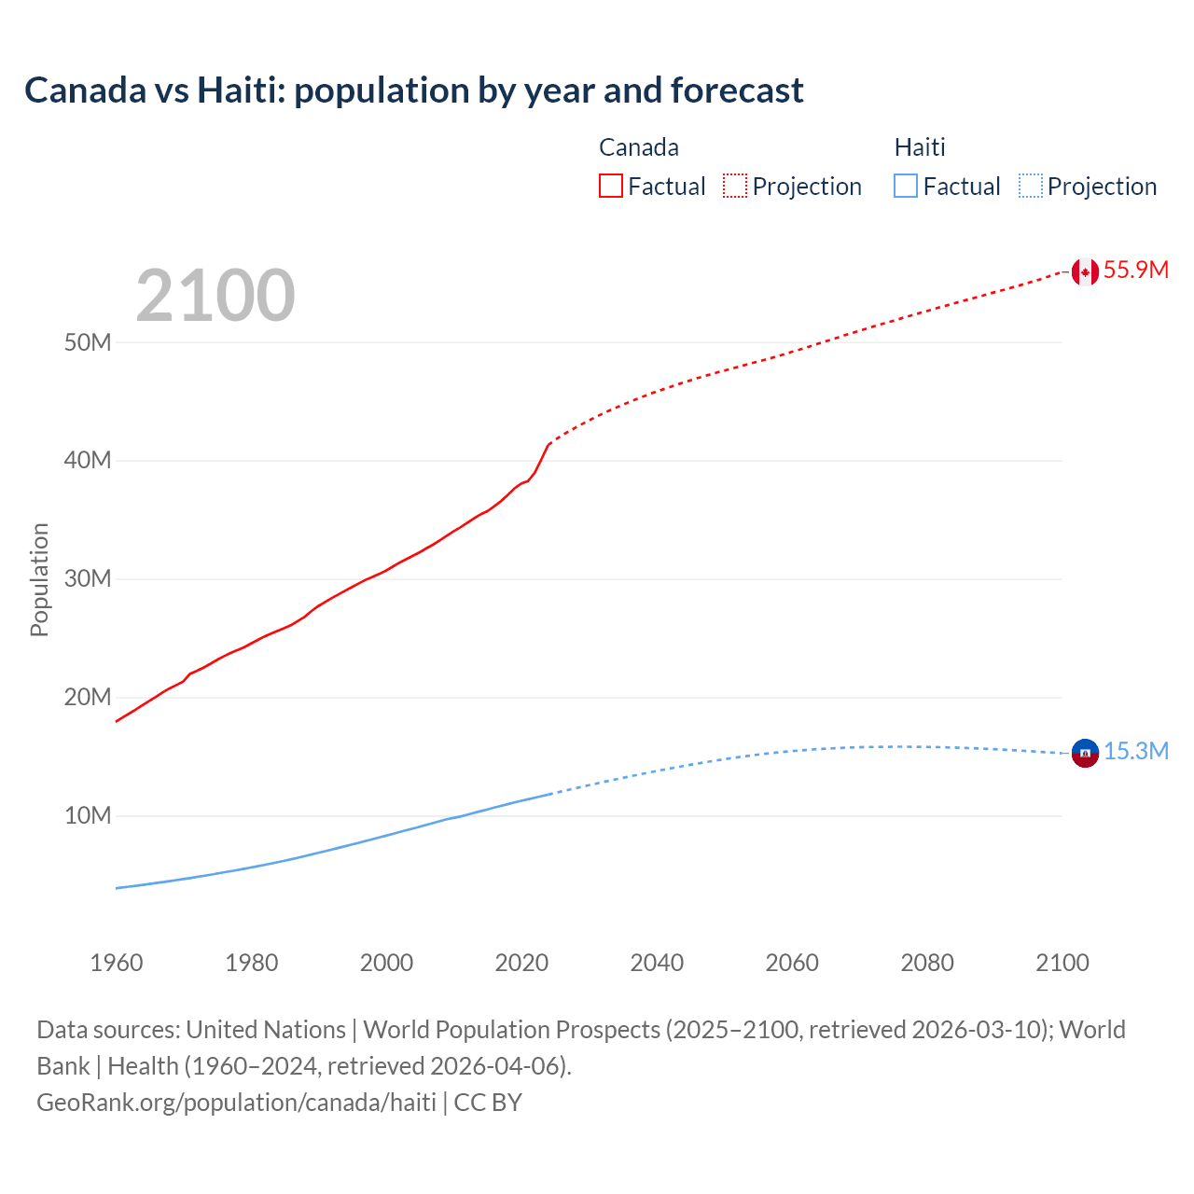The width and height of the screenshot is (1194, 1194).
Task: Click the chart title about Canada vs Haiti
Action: tap(413, 90)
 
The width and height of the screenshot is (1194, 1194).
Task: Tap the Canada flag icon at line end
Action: tap(1084, 271)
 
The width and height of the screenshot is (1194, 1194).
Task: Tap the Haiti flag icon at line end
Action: tap(1084, 752)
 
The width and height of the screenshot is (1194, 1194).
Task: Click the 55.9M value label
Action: tap(1135, 271)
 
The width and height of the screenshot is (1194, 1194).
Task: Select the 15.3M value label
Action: tap(1135, 752)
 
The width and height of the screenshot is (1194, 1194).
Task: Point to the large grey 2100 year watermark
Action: tap(215, 297)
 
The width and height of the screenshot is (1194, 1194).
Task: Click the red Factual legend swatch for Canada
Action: tap(610, 187)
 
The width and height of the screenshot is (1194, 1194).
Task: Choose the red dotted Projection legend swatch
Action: tap(735, 187)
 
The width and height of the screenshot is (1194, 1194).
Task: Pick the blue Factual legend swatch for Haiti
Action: tap(905, 187)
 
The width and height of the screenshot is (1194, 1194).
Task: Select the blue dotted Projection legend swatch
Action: tap(1031, 187)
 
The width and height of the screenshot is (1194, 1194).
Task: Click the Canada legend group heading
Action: tap(638, 147)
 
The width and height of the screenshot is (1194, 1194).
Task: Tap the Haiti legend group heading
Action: tap(919, 147)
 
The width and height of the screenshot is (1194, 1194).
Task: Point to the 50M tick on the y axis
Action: tap(88, 342)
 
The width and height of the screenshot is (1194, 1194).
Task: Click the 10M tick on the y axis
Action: tap(88, 816)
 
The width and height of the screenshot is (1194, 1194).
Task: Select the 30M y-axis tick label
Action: tap(88, 579)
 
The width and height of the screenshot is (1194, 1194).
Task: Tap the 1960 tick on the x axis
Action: tap(117, 963)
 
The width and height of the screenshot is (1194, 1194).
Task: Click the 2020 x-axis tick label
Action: tap(521, 963)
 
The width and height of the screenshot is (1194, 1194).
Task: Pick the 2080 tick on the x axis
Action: tap(926, 963)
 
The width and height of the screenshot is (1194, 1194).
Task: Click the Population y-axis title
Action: tap(39, 579)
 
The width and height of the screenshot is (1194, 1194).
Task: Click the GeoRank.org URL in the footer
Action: tap(236, 1103)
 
